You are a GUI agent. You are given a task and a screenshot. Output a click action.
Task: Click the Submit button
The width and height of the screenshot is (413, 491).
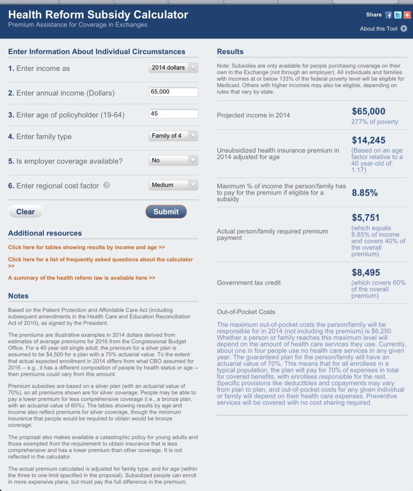point(166,212)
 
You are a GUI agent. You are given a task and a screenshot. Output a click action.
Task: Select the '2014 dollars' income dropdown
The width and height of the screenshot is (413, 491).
point(173,67)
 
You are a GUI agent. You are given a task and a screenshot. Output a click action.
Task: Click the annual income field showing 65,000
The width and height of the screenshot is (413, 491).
point(173,92)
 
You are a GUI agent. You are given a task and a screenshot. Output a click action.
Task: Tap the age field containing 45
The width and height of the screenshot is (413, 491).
point(173,114)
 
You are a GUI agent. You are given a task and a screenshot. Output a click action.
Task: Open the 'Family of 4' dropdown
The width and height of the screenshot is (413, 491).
point(173,136)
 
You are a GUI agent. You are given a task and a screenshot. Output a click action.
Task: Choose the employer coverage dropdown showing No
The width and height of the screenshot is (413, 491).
point(173,161)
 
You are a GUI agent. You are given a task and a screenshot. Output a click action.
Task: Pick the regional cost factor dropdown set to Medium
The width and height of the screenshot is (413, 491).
point(173,185)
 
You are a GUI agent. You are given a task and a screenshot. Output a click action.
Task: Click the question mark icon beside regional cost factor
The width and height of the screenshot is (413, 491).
point(106,186)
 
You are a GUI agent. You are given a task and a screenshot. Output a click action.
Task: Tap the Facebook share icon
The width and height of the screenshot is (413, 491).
point(388,15)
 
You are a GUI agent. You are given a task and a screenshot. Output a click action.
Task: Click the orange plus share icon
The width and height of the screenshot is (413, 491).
point(406,15)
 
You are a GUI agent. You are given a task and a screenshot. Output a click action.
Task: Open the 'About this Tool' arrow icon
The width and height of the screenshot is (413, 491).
point(404,29)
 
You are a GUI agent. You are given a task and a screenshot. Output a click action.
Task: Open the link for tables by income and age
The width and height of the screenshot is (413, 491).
point(87,247)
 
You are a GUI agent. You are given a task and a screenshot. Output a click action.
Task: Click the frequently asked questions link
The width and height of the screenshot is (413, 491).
point(100,260)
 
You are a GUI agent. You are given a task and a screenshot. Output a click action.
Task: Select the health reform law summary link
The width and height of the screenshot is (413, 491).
point(82,278)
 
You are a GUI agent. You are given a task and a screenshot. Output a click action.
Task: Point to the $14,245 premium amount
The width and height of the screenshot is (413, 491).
point(368,140)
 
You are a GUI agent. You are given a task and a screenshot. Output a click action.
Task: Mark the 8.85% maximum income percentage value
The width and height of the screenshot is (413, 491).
point(365,193)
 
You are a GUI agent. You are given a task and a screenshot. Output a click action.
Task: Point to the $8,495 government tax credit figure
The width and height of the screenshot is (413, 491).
point(366,272)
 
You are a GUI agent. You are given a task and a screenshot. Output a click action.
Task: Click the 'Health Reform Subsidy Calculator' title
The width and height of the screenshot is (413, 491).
point(98,14)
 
